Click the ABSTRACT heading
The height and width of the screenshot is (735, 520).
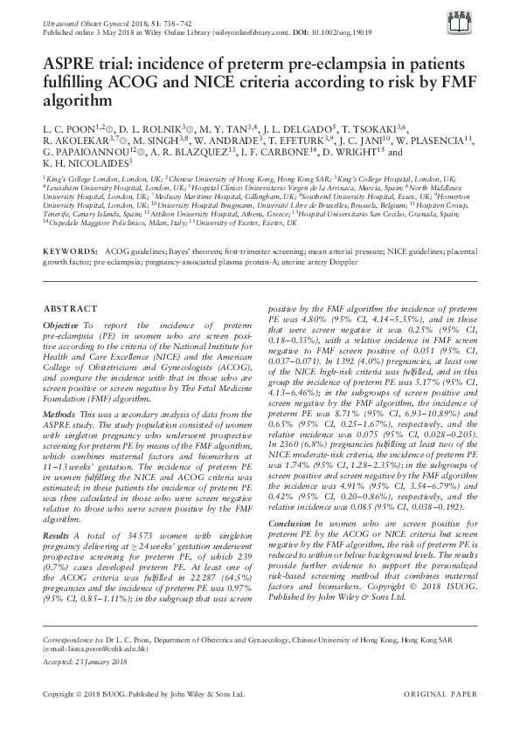(65, 308)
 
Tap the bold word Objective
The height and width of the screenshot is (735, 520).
(62, 324)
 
